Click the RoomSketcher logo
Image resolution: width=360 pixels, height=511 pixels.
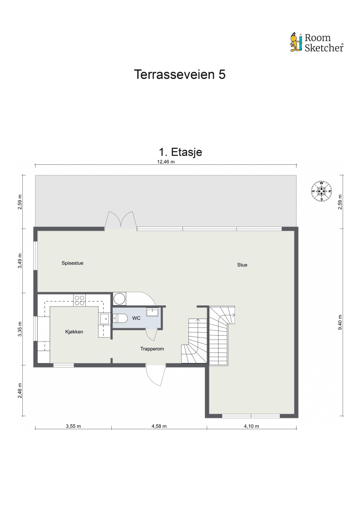tap(317, 42)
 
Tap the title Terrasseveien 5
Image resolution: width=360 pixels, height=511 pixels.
tap(180, 75)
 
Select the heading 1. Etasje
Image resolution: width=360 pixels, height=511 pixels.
tap(180, 152)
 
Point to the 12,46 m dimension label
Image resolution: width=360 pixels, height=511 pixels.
tap(166, 162)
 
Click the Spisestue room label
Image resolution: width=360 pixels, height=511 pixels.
tap(73, 263)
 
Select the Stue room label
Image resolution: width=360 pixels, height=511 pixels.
tap(242, 265)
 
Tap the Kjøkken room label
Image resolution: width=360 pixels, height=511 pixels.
tap(74, 332)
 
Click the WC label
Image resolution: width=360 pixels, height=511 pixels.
tap(136, 318)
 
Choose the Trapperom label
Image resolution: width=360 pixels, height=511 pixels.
tap(152, 349)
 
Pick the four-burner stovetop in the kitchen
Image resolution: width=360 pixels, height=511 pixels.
tap(80, 300)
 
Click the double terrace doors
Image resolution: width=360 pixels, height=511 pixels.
tap(120, 220)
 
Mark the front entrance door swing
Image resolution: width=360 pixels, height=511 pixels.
tap(156, 376)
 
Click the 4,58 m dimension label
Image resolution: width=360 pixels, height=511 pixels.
tap(159, 427)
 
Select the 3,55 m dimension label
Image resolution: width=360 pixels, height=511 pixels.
tap(73, 427)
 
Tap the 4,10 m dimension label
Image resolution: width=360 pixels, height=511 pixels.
tap(251, 427)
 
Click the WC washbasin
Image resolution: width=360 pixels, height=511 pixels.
tap(152, 311)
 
